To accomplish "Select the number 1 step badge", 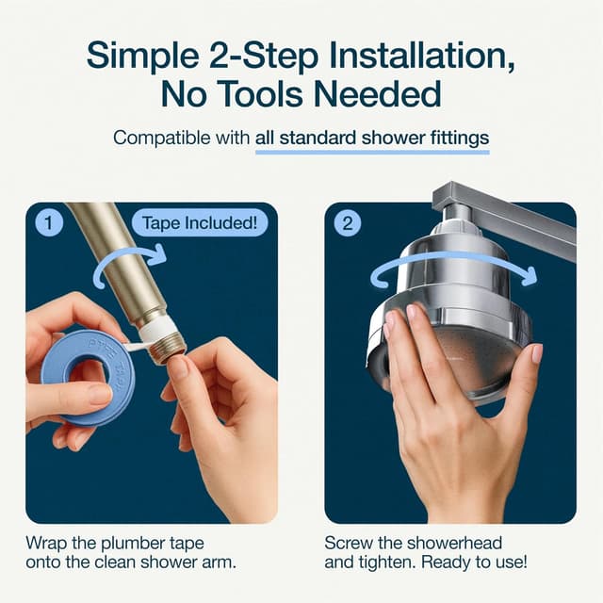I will [x=49, y=224].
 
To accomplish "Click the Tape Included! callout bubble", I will [x=199, y=223].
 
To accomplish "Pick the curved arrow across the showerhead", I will [x=452, y=269].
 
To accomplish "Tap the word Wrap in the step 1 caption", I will [x=48, y=544].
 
